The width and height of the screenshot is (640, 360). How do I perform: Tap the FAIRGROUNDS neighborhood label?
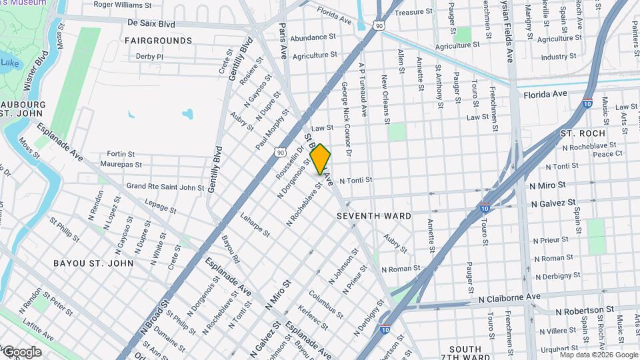(x=158, y=41)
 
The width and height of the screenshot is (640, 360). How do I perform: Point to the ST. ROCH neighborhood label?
(x=577, y=133)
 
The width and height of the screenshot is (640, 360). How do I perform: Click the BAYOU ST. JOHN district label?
(x=93, y=263)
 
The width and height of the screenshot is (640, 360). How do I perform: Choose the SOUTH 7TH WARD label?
(x=465, y=354)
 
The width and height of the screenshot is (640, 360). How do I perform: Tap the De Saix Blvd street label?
(x=151, y=23)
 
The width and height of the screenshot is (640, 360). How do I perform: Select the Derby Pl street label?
(x=149, y=57)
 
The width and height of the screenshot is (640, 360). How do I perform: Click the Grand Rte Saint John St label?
(x=165, y=187)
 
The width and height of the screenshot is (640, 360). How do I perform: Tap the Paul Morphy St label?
(x=273, y=129)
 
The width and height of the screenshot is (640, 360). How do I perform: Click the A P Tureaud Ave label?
(x=363, y=91)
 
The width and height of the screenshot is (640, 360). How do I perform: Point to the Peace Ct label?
(x=607, y=153)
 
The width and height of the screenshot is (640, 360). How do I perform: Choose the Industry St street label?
(x=559, y=57)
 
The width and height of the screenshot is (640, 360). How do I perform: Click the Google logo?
(x=22, y=351)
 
